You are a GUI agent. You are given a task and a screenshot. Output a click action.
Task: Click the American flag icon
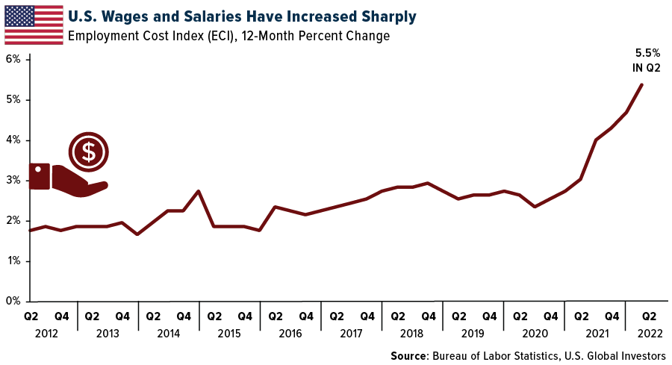click(x=34, y=25)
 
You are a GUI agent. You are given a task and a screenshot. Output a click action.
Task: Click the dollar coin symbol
click(x=89, y=152)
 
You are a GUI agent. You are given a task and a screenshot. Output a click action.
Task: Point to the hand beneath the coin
click(x=67, y=179)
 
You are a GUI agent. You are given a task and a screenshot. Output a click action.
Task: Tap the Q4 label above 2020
click(x=550, y=316)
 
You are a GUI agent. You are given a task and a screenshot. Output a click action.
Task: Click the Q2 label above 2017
click(x=336, y=316)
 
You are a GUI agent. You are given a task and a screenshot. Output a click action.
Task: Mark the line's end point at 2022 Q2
click(x=642, y=84)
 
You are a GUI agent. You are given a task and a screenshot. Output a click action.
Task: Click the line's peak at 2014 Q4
click(x=199, y=191)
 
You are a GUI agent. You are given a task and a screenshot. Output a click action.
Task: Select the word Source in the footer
click(x=411, y=355)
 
